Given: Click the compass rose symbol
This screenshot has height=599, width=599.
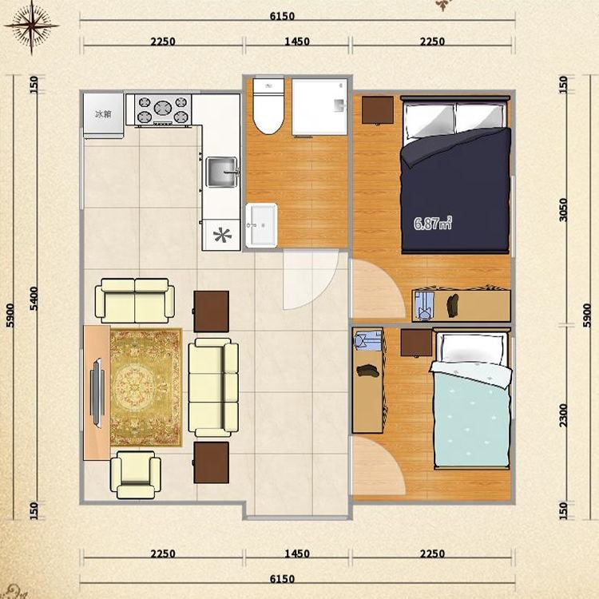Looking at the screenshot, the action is click(x=32, y=26).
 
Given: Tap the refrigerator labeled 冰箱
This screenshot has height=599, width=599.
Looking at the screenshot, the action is click(x=104, y=115).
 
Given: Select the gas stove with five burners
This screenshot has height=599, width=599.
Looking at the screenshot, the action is click(x=165, y=109).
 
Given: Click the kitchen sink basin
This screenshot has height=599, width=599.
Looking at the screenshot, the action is click(x=222, y=173).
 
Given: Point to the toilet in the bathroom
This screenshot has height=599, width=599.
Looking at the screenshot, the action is click(x=268, y=105).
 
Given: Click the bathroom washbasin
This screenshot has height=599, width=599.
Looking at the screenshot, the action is click(x=261, y=225).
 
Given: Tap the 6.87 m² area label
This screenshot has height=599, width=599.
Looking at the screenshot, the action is click(x=433, y=223).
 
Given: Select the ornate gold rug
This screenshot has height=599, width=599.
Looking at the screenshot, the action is click(x=146, y=387).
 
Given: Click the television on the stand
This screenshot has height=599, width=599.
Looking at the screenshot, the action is click(x=97, y=393).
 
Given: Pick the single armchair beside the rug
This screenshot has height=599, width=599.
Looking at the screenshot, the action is click(x=136, y=474).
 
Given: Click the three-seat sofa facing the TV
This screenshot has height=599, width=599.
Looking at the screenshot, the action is click(x=213, y=387).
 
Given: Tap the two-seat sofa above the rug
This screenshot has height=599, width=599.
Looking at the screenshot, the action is click(x=135, y=300).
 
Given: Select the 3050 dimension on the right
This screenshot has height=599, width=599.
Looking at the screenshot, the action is click(x=563, y=210).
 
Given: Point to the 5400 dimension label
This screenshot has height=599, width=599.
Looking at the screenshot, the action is click(x=34, y=299).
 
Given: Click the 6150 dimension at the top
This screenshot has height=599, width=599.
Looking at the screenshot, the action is click(x=282, y=17).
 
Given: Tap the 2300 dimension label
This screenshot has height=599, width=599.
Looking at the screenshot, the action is click(x=564, y=415).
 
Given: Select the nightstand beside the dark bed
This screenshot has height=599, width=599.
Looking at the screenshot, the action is click(x=378, y=110).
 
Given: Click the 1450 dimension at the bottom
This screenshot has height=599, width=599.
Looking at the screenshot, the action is click(x=297, y=553).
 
